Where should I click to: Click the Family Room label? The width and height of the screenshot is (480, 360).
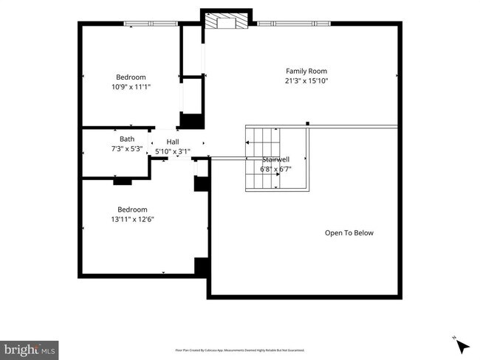(306, 72)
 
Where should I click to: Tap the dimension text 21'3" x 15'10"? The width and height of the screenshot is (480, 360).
(306, 81)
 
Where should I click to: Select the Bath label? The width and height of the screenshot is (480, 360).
(127, 139)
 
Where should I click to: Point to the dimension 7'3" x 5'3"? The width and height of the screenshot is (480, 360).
(127, 148)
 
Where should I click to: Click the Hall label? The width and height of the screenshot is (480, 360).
(172, 142)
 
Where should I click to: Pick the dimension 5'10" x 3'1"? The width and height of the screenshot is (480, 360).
(172, 151)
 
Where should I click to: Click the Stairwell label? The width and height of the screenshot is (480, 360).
(276, 159)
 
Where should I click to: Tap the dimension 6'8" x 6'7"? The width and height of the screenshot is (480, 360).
(276, 169)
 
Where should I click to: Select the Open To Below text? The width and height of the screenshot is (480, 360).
(349, 233)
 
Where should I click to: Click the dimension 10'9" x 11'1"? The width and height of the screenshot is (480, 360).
(131, 86)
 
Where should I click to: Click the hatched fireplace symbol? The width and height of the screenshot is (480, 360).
(220, 22)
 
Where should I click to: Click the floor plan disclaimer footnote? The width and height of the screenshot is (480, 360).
(239, 350)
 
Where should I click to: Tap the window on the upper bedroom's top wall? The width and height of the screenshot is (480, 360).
(151, 24)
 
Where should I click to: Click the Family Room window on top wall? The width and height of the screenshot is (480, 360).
(292, 24)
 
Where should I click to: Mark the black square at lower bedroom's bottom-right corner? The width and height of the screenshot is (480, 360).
(200, 266)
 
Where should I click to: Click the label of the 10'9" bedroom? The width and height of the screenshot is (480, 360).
(131, 77)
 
